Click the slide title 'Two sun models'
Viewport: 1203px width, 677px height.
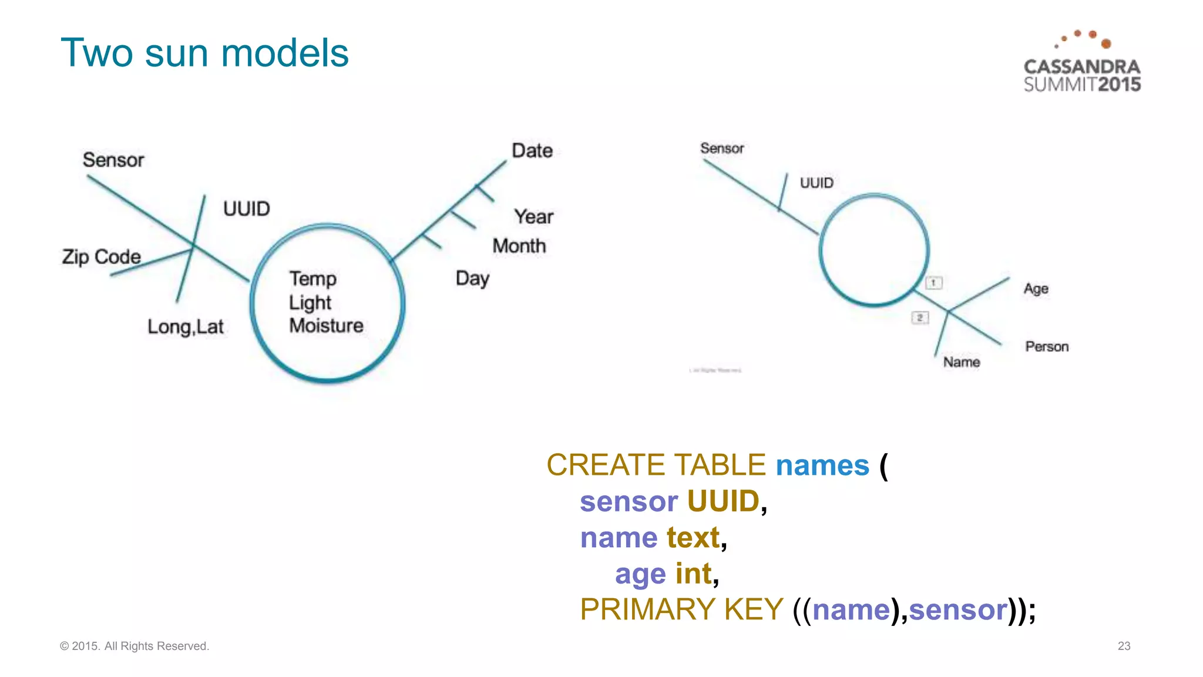click(204, 53)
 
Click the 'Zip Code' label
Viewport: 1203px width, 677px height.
click(102, 257)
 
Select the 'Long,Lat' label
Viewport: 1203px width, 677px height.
click(186, 327)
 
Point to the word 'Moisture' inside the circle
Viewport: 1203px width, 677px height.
click(326, 326)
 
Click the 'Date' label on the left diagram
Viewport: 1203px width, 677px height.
click(532, 151)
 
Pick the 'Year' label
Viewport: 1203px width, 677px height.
click(533, 217)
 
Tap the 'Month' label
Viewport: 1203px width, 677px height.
click(519, 246)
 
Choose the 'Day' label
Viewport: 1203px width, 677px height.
click(472, 279)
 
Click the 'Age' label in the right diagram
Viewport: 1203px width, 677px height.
click(1036, 289)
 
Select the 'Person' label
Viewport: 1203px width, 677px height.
click(1047, 347)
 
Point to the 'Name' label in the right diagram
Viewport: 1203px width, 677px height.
click(962, 362)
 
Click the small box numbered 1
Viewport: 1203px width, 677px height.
click(933, 283)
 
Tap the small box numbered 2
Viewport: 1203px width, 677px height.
click(920, 318)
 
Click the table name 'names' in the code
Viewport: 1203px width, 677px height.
click(822, 465)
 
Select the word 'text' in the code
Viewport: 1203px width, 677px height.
click(693, 538)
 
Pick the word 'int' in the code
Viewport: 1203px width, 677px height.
click(694, 574)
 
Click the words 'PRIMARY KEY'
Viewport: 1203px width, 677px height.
click(681, 609)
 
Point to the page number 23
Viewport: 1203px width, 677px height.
click(1124, 646)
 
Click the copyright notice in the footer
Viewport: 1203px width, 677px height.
click(135, 646)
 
